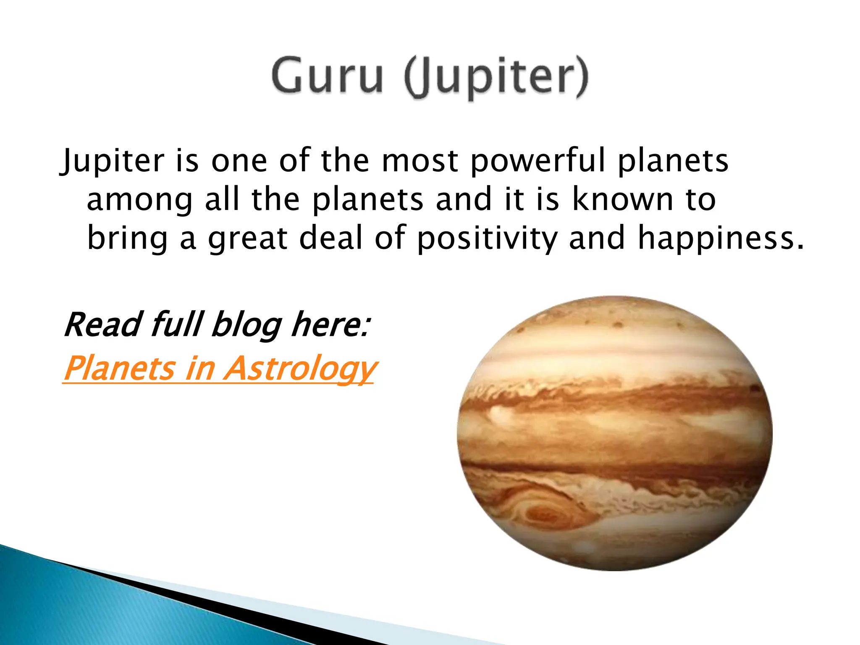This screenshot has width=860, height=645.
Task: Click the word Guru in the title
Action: tap(327, 76)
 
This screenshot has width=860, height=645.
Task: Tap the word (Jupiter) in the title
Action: tap(496, 78)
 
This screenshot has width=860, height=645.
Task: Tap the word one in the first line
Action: tap(239, 161)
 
